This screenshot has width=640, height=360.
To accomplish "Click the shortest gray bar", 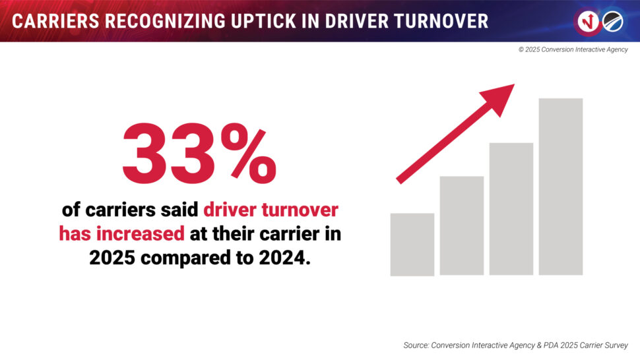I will coord(412,244).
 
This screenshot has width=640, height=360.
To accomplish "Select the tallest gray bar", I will coord(561,187).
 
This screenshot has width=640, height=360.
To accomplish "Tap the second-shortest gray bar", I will coord(462,225).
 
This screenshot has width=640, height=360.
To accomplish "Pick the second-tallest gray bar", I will coord(511,208).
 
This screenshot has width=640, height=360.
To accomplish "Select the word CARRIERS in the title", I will coord(50,21).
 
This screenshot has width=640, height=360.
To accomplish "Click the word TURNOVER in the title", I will coord(447,21).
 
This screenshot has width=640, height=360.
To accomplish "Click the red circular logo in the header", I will coord(588,21).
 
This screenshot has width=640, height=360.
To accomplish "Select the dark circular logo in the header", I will coord(612,21).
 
